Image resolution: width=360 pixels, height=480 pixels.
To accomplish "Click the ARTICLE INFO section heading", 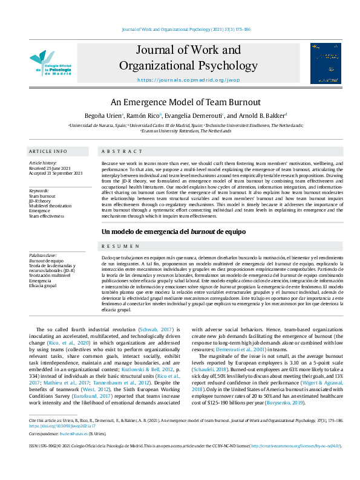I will click(48, 151).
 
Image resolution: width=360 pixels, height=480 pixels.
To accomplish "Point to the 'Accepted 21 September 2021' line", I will click(56, 174).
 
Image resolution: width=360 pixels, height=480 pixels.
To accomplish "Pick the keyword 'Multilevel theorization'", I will click(51, 206).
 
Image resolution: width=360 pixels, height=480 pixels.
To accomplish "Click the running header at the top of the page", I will click(180, 29).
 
